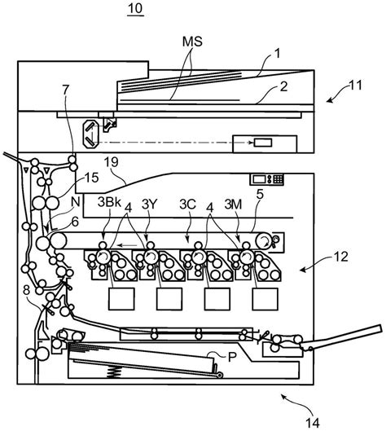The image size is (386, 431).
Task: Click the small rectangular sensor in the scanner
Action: (x=262, y=143)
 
